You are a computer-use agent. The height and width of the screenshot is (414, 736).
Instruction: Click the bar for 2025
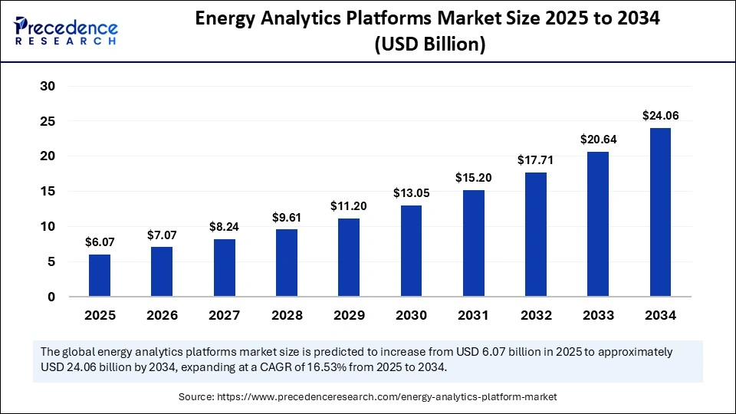click(100, 275)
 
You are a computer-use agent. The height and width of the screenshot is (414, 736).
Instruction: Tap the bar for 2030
click(411, 251)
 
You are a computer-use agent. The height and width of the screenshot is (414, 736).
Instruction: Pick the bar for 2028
click(287, 262)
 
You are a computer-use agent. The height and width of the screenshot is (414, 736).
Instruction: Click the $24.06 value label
click(660, 116)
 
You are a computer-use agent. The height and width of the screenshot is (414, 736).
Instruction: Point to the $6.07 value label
click(100, 242)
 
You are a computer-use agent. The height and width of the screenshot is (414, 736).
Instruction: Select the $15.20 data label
click(473, 178)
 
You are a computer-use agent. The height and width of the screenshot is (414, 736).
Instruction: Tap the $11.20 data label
click(349, 206)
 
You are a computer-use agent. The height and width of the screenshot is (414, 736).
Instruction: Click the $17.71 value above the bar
click(536, 160)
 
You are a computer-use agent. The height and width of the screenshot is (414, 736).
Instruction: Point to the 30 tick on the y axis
click(48, 86)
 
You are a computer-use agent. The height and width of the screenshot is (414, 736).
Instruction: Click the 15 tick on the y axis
click(48, 192)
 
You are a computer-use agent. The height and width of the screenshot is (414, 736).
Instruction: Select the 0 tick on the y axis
click(51, 297)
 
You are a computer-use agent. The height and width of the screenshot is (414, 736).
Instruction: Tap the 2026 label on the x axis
click(162, 315)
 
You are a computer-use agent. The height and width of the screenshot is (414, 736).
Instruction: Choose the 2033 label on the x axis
click(598, 315)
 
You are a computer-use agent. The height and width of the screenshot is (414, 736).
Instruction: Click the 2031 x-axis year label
click(473, 315)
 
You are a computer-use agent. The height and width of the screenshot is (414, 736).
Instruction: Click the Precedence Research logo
click(66, 31)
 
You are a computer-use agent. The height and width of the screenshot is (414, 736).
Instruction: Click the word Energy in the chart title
click(232, 19)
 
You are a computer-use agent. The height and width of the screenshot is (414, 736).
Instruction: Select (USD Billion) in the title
click(429, 44)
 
